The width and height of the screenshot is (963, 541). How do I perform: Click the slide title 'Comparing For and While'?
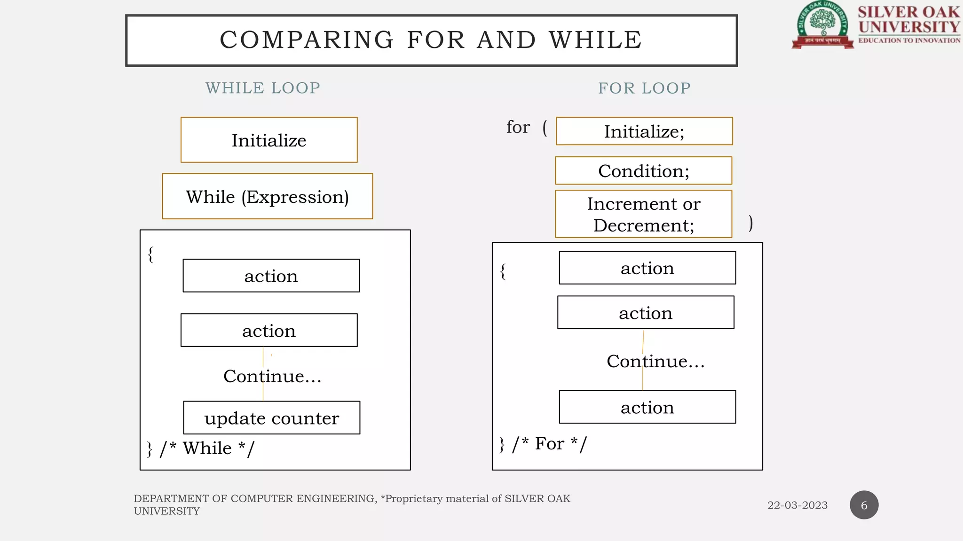pos(431,40)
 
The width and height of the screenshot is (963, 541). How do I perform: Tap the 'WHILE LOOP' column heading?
pos(263,88)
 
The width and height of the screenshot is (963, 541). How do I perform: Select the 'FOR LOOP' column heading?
pos(644,88)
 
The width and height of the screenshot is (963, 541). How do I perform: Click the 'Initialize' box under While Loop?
pos(269,140)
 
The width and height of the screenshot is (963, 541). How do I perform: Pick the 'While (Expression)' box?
pos(268,196)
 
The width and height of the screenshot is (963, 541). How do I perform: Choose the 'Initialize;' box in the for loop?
pos(644,131)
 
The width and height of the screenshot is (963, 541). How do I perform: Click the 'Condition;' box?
pos(644,171)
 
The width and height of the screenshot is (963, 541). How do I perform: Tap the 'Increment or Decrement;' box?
pos(644,214)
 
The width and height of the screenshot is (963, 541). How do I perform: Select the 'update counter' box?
pos(272,418)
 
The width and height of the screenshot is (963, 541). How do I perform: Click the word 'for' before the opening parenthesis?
pos(518,127)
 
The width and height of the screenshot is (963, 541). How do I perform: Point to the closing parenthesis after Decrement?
pos(750,223)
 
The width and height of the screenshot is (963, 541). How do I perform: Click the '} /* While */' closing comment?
pos(200,448)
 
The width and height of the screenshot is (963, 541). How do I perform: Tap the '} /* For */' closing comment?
pos(543,444)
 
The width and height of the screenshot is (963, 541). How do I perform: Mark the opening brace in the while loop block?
pos(150,255)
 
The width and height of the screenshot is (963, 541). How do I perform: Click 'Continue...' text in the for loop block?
pos(655,361)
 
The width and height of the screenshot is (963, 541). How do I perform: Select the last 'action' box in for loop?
pos(647,407)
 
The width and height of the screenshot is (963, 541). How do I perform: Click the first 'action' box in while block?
pos(271,276)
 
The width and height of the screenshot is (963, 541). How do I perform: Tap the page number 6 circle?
pos(864,505)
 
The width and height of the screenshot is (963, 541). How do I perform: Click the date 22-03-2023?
pos(797,505)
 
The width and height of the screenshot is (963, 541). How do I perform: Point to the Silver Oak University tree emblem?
pos(822,23)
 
